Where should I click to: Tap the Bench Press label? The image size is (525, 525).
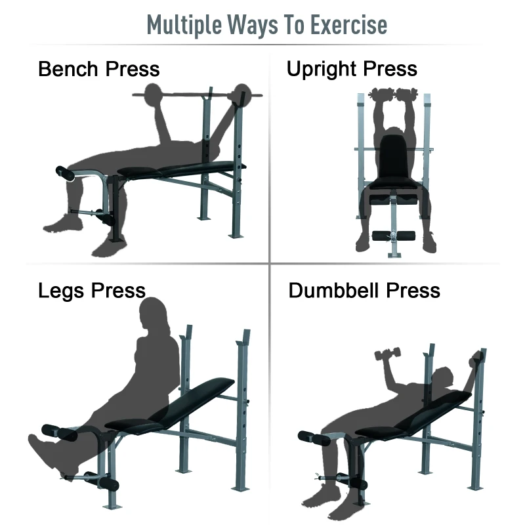(98, 69)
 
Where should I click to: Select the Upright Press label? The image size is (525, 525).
(352, 69)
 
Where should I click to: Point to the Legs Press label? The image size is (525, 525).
(91, 290)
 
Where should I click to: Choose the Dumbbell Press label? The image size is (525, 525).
(364, 290)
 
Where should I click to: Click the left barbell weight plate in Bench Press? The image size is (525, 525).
(154, 94)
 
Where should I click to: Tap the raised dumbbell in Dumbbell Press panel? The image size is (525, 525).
(387, 356)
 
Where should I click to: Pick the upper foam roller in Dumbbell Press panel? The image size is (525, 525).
(309, 436)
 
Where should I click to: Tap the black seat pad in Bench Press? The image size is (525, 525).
(140, 172)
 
